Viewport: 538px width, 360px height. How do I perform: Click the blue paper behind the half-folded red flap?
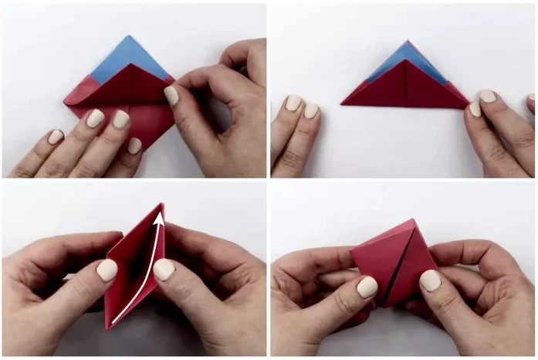[116, 58]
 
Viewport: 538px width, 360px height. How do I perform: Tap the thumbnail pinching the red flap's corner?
[171, 96]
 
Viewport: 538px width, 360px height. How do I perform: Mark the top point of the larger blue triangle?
[129, 36]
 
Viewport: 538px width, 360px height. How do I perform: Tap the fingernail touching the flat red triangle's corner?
[474, 109]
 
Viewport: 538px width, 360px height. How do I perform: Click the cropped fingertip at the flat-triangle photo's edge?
[533, 102]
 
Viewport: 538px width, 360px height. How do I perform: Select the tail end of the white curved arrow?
[113, 319]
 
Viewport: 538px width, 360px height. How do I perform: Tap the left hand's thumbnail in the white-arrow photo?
[107, 270]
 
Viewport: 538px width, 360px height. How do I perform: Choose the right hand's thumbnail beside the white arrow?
[163, 270]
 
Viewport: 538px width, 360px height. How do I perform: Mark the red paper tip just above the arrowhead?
[162, 205]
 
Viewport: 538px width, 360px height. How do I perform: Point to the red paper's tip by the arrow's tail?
[108, 327]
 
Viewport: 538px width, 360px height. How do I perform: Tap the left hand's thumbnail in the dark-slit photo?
[367, 287]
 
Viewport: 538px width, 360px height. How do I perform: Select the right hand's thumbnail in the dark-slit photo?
[430, 280]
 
